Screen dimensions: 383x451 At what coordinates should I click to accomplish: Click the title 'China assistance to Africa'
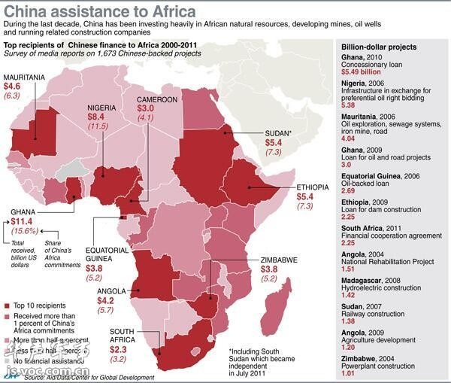[x=100, y=12]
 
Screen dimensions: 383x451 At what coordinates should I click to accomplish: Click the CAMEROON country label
[x=157, y=99]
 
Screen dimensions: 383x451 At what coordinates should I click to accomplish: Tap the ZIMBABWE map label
[x=278, y=259]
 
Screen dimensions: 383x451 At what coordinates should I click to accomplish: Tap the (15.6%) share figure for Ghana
[x=24, y=232]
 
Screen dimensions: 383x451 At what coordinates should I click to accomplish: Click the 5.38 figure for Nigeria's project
[x=349, y=106]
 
